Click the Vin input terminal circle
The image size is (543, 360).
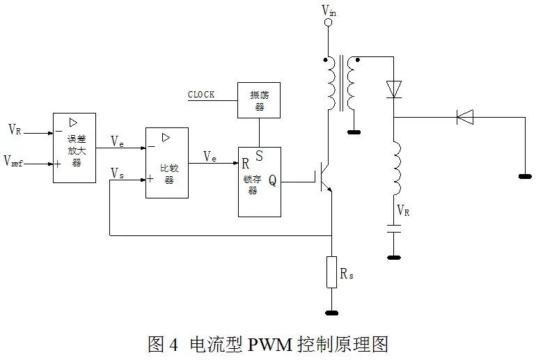coord(328,22)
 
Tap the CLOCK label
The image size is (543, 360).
coord(201,94)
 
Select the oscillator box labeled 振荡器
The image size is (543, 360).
coord(259,100)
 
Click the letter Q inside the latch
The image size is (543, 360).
coord(272,180)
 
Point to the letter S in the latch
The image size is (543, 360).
coord(259,156)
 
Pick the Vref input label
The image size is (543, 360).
coord(13,161)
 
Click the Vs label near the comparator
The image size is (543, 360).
coord(117,173)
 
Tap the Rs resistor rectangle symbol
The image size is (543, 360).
coord(332,272)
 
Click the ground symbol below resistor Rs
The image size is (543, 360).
coord(332,313)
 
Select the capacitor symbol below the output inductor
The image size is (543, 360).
coord(394,228)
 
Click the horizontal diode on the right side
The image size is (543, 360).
coord(465,117)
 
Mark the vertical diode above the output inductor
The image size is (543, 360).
coord(394,89)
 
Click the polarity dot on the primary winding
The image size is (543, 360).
coord(325,60)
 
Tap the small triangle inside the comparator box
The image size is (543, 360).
coord(166,138)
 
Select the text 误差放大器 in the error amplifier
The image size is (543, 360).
coord(77,150)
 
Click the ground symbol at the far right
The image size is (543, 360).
coord(525,177)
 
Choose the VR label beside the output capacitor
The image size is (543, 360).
coord(403,210)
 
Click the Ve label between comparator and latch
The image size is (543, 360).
coord(210,157)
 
